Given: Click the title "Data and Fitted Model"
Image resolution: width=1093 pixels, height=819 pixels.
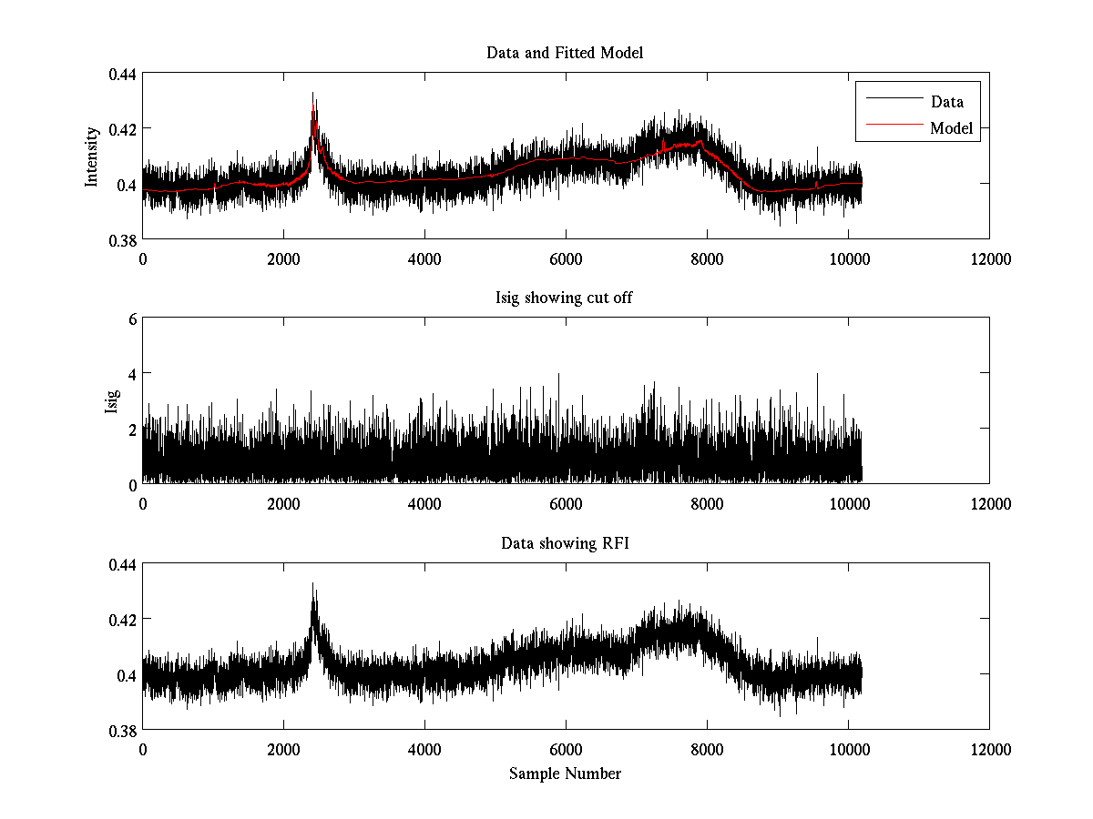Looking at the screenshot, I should (565, 53).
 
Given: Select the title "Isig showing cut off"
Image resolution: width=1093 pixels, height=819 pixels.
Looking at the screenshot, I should (565, 298).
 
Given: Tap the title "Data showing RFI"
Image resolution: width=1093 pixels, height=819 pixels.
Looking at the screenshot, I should (565, 543).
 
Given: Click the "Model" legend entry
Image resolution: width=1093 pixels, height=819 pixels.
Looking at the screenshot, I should (951, 128).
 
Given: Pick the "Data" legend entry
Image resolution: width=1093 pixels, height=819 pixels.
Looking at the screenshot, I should (946, 102).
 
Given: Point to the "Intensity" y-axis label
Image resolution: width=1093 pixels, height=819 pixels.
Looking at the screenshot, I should (91, 157).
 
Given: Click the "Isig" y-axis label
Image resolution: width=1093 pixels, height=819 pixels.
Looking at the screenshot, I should (112, 401).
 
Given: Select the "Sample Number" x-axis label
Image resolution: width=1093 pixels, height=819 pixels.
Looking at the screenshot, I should (565, 773).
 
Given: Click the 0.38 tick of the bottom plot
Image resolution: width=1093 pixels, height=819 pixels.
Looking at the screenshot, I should (122, 731).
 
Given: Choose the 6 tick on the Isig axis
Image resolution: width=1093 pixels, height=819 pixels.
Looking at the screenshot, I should (131, 319).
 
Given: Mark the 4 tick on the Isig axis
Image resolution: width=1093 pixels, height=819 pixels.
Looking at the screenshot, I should (131, 374).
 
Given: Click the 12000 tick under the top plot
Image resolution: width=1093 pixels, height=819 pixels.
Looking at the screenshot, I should (989, 258).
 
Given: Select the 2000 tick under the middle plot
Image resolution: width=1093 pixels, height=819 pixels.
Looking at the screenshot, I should (283, 503).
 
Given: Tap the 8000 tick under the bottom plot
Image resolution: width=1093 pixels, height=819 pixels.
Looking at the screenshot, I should (707, 749).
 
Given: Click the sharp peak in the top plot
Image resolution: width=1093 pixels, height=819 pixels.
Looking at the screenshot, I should (313, 94).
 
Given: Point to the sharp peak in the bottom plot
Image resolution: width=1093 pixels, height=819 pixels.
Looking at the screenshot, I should (313, 584).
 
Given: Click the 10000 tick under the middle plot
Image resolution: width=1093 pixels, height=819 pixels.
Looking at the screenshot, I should (848, 503).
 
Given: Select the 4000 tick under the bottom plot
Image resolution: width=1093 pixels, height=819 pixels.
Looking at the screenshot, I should (424, 749).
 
